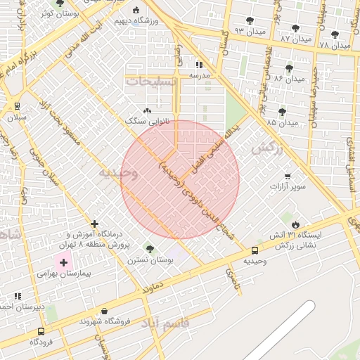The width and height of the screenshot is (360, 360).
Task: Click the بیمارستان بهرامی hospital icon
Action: (64, 262)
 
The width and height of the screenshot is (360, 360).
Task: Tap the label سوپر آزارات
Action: (288, 187)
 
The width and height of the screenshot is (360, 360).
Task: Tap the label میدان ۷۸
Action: (334, 45)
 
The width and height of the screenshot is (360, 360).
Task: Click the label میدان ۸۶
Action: (288, 79)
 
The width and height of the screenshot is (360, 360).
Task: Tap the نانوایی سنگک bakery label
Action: (143, 121)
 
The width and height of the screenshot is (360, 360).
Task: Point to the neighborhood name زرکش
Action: (266, 148)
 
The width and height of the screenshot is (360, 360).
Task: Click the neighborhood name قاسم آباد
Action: (165, 323)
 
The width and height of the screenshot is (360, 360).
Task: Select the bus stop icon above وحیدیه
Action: (255, 250)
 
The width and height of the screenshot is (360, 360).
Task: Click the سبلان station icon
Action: (16, 105)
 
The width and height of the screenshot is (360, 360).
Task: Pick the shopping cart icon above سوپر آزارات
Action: (288, 176)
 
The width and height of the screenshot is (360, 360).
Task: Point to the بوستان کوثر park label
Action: (58, 13)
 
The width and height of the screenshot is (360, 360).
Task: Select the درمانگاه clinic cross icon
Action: (95, 223)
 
